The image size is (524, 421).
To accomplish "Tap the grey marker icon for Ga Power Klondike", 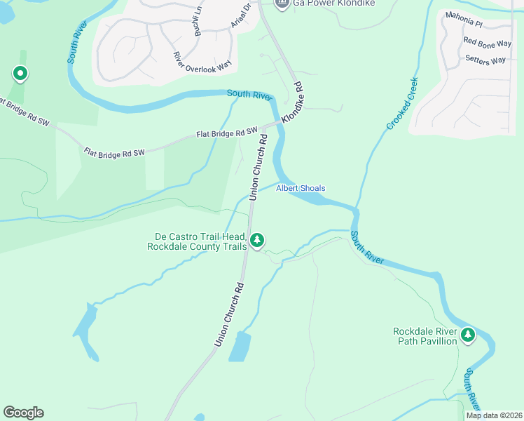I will [x=282, y=4].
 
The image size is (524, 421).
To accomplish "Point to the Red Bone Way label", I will [x=488, y=44].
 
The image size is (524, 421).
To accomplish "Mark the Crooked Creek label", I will [x=402, y=103].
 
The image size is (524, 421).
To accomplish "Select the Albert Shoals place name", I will [x=301, y=188].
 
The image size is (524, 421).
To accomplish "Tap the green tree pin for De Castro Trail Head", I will [x=257, y=241].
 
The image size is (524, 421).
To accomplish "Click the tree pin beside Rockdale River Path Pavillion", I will [x=467, y=335].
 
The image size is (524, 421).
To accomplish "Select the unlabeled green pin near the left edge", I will [x=20, y=73].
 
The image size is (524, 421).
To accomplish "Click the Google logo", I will [x=23, y=413].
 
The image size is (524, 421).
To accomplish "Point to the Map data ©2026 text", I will [x=494, y=415].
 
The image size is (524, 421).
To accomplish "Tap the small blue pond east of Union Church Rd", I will [x=240, y=346].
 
